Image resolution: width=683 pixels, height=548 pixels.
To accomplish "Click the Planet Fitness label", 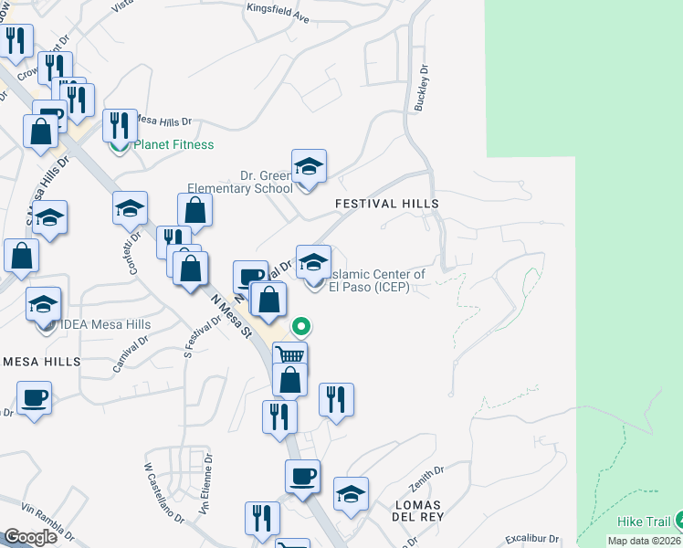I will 173,144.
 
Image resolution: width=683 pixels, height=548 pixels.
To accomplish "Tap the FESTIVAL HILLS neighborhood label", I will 387,204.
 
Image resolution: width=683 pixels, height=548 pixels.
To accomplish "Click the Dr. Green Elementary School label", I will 241,182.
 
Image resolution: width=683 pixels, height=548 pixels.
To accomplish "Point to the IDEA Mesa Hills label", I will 106,324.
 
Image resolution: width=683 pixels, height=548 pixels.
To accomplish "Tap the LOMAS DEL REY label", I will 417,511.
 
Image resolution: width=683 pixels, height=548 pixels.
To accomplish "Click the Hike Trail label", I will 643,522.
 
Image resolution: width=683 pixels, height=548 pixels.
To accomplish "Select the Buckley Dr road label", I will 421,88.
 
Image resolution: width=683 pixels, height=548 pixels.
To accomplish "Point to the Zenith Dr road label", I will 426,476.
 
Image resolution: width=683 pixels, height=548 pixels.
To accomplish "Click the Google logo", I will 30,538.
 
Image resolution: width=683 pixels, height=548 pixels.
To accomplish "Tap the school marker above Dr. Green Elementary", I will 309,165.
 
